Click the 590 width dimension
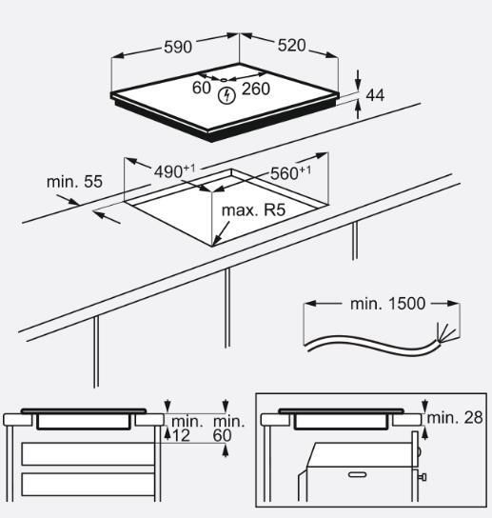178,47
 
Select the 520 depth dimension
291,46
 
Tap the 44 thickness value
376,95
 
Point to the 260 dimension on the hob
256,89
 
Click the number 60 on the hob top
202,88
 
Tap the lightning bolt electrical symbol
226,95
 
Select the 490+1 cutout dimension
175,170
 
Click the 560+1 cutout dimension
290,172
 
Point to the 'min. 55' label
74,182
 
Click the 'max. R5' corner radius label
253,210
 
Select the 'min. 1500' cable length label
387,304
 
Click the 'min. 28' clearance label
455,418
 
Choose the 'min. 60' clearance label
227,428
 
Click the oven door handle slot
358,475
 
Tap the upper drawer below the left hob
88,454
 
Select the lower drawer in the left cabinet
88,485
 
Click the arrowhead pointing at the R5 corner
216,240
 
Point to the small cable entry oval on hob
224,80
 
